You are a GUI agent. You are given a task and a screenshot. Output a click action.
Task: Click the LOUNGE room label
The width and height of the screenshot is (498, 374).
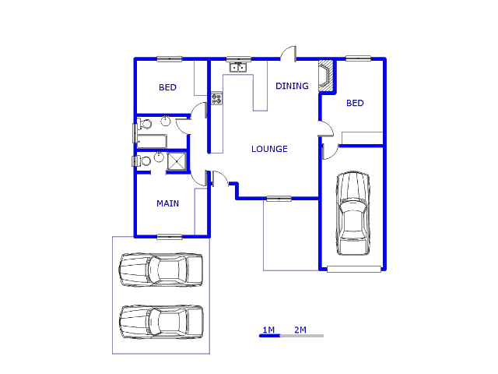(269, 149)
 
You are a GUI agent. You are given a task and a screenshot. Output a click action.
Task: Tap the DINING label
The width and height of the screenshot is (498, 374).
(292, 86)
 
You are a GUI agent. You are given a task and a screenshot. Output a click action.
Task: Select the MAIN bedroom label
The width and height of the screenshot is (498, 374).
(167, 203)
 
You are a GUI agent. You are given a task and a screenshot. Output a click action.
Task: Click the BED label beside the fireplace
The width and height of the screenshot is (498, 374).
(355, 103)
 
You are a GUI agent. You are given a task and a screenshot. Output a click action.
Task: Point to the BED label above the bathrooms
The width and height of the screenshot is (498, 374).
(167, 88)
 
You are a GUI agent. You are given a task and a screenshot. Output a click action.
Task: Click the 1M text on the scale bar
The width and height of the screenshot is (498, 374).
(268, 330)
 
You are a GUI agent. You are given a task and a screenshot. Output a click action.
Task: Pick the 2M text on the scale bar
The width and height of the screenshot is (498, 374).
(300, 330)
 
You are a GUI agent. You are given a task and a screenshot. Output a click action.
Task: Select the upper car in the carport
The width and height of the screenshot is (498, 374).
(160, 270)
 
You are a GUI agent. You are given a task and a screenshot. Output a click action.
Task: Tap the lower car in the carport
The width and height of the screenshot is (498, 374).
(161, 321)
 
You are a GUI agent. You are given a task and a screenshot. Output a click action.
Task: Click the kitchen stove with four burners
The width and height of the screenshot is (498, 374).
(216, 99)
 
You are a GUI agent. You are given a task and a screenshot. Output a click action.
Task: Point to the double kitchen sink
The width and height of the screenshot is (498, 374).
(238, 68)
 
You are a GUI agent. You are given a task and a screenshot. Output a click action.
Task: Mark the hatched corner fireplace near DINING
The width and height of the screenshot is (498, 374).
(328, 75)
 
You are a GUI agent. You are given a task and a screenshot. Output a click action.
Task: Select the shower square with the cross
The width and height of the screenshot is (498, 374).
(177, 161)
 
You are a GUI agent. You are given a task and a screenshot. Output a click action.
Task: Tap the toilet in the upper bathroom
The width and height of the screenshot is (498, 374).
(146, 124)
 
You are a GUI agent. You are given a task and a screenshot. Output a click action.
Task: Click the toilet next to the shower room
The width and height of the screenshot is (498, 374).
(145, 161)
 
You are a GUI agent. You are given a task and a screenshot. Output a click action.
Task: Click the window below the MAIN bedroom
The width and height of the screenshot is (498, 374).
(169, 236)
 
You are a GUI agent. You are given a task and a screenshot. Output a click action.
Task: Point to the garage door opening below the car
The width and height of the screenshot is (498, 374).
(354, 270)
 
